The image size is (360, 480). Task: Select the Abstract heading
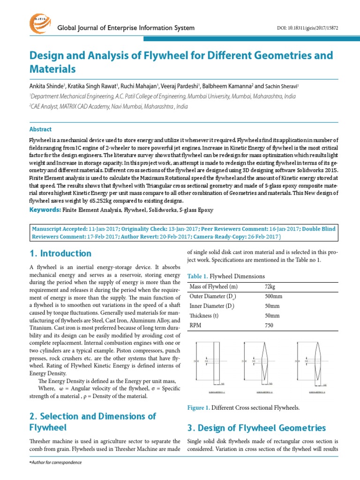pyautogui.click(x=40, y=129)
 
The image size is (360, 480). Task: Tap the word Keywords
pyautogui.click(x=45, y=210)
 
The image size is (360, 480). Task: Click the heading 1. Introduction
pyautogui.click(x=60, y=254)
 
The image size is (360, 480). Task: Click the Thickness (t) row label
pyautogui.click(x=204, y=315)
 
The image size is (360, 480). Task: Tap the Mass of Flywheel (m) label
pyautogui.click(x=213, y=286)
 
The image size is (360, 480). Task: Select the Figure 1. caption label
pyautogui.click(x=198, y=408)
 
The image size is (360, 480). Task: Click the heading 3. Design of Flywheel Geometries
pyautogui.click(x=256, y=427)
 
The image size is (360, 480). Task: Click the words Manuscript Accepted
pyautogui.click(x=59, y=229)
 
